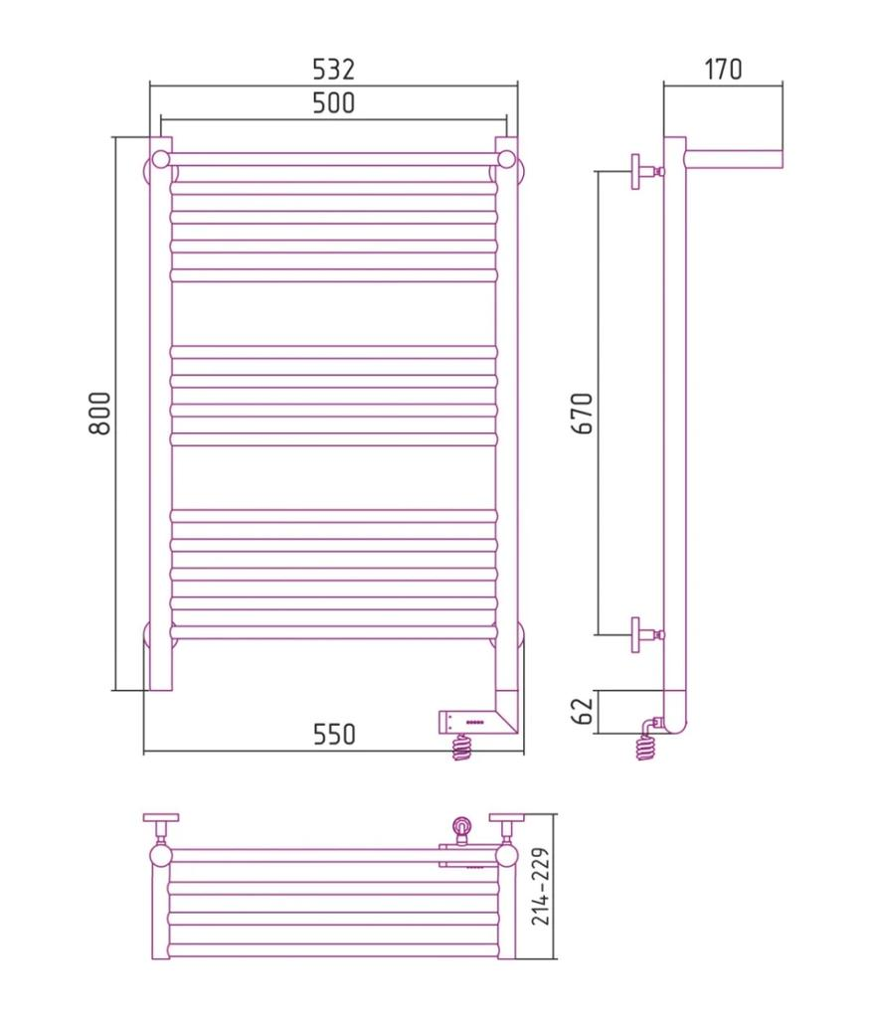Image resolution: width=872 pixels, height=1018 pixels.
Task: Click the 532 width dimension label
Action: (334, 69)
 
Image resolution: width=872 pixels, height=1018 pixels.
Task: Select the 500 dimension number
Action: (334, 103)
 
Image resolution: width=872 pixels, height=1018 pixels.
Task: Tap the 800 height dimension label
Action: (100, 413)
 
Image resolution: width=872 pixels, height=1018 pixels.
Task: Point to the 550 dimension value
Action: (334, 735)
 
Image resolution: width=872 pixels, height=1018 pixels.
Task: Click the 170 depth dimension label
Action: (723, 69)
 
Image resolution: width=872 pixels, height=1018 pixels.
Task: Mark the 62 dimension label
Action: (584, 712)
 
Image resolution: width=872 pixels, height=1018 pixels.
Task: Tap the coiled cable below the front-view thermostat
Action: (461, 748)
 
